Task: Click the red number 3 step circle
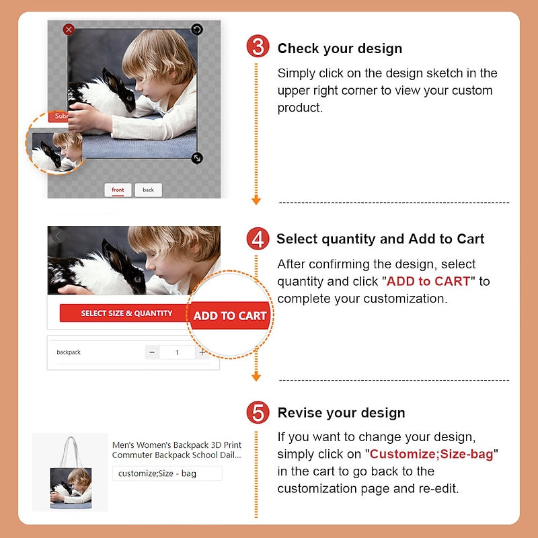click(x=258, y=46)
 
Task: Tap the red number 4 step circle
click(x=258, y=239)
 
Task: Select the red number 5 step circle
click(x=258, y=412)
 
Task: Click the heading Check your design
click(x=340, y=48)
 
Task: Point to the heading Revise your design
click(x=342, y=413)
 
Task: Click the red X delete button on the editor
click(x=69, y=30)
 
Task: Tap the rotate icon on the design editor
click(x=196, y=29)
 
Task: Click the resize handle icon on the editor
click(x=197, y=158)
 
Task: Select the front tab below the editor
click(x=118, y=190)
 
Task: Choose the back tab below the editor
click(x=148, y=190)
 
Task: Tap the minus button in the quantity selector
click(x=152, y=352)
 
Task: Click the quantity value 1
click(x=177, y=352)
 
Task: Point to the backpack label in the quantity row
click(x=69, y=352)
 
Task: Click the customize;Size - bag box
click(x=167, y=473)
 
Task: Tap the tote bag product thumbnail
click(x=71, y=472)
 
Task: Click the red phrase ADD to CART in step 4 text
click(x=428, y=281)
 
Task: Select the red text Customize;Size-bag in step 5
click(x=432, y=454)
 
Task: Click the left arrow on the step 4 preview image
click(x=58, y=236)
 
